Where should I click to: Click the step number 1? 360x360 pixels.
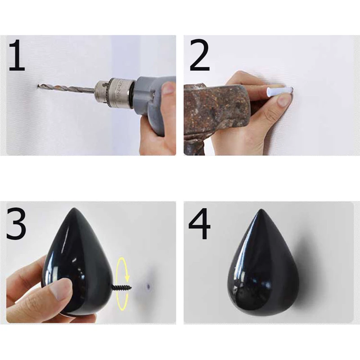click(x=17, y=55)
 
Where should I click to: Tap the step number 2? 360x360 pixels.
click(x=200, y=55)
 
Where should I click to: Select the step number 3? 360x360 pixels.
click(x=16, y=223)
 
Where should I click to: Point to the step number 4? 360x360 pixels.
click(x=199, y=223)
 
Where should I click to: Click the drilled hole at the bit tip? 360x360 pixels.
click(x=38, y=86)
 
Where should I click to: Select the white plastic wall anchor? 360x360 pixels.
click(x=279, y=91)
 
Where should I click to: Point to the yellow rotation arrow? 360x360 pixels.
click(x=123, y=283)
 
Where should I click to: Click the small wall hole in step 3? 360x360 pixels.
click(x=148, y=286)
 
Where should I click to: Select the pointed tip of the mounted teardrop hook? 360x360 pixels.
click(x=261, y=210)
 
